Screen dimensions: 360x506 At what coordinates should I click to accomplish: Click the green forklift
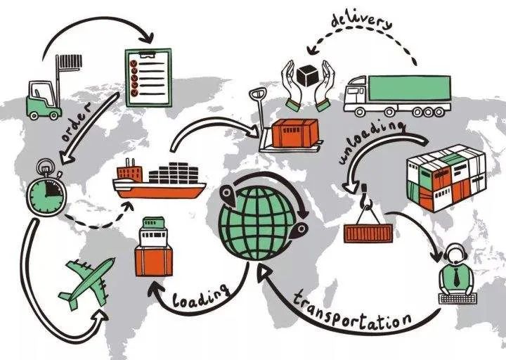(42, 101)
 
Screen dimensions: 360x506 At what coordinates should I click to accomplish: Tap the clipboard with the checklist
(147, 77)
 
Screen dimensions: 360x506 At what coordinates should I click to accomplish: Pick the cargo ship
(160, 181)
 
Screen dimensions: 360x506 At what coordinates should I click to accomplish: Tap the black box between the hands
(308, 76)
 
